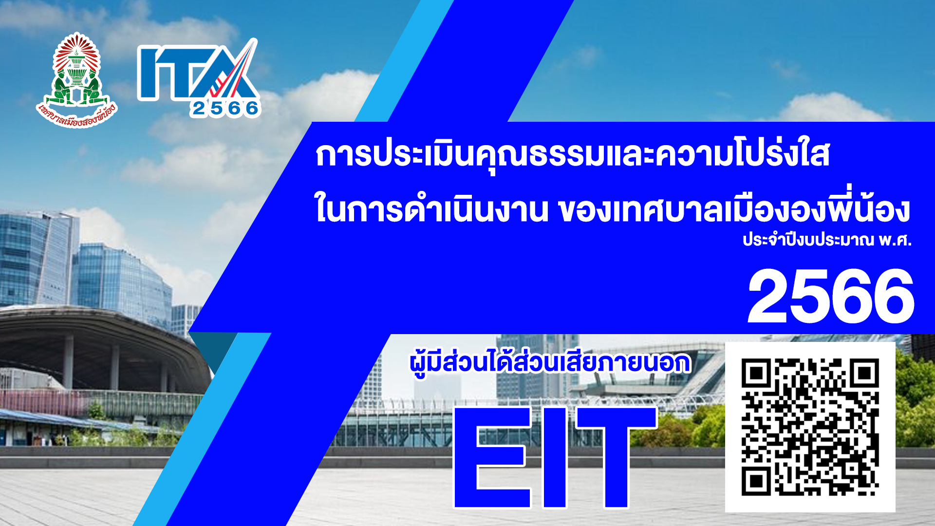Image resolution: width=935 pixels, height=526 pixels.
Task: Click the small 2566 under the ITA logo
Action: [225, 108]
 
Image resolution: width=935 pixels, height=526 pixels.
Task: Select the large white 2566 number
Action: [831, 297]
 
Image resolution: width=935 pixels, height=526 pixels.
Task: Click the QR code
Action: [810, 427]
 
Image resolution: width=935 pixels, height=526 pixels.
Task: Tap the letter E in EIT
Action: [492, 457]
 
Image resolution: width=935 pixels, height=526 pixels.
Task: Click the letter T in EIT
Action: [616, 457]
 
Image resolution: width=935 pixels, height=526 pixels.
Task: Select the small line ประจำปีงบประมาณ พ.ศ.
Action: [827, 240]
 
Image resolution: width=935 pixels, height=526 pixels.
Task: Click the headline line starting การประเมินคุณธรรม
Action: [573, 155]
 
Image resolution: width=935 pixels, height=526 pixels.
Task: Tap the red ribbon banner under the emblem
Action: [77, 115]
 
